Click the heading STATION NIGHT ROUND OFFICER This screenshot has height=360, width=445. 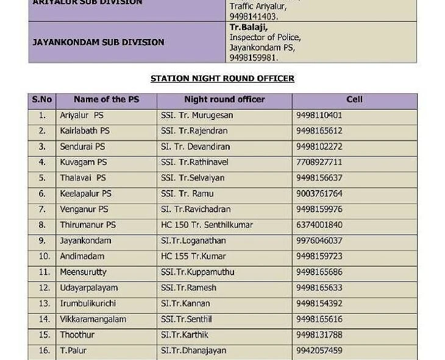(222, 79)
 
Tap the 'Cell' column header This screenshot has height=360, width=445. (354, 99)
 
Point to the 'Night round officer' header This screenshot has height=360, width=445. (224, 99)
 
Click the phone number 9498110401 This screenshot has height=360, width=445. (319, 115)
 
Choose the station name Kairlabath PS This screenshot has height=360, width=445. (85, 131)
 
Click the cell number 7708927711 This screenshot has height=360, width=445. (319, 163)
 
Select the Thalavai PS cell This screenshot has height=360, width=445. (83, 178)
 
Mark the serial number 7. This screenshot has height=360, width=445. (42, 210)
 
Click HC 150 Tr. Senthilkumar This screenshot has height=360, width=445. (207, 225)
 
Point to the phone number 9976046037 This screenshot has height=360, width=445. (319, 241)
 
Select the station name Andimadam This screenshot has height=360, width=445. (82, 256)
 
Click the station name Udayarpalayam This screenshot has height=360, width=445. (89, 288)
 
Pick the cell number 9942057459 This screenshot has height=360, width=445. (319, 350)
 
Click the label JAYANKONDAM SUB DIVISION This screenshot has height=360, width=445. (98, 42)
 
